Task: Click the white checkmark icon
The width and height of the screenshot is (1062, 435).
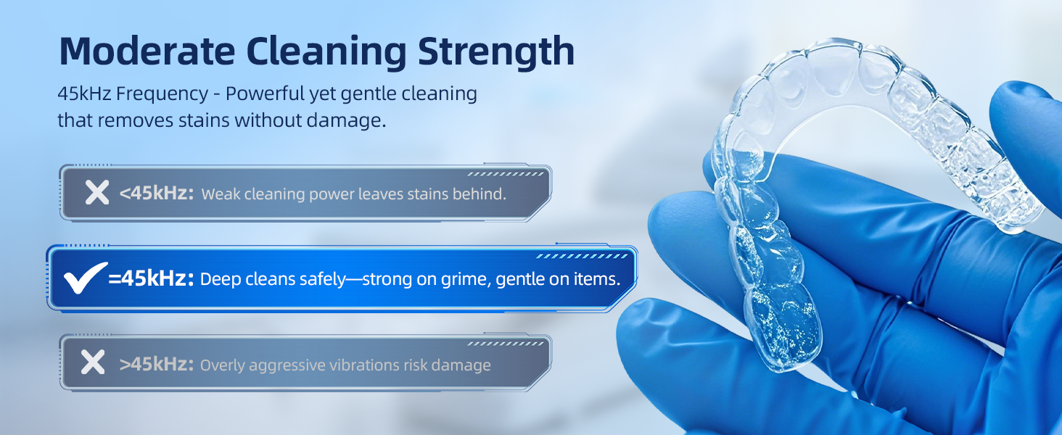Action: point(85,278)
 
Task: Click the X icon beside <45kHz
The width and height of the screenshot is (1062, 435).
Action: point(96,193)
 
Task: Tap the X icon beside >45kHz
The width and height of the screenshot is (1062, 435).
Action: point(93,362)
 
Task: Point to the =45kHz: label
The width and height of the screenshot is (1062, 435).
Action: point(152,279)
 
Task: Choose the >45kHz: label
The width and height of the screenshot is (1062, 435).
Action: point(157,364)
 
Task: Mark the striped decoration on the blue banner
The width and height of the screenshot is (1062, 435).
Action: point(581,256)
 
